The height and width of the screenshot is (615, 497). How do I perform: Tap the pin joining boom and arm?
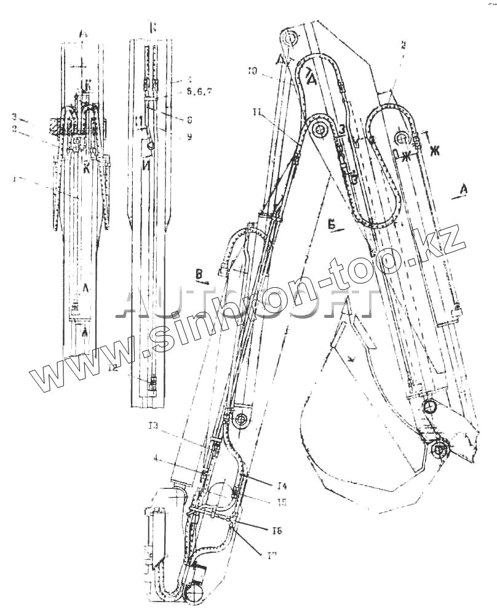[320, 130]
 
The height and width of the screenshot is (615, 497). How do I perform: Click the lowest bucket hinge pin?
[439, 450]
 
